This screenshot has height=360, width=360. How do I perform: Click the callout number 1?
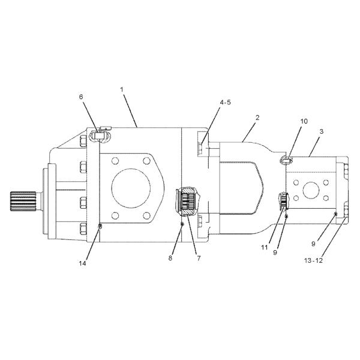122,89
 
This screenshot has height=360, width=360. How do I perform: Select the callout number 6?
81,97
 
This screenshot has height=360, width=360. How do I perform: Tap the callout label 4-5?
225,103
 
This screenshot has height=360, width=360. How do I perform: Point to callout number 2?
257,118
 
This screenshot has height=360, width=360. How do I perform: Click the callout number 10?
304,121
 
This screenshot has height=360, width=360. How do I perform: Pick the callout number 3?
322,131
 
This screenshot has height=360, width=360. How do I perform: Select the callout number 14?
82,263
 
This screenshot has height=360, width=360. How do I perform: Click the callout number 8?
170,258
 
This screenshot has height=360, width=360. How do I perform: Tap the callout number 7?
199,258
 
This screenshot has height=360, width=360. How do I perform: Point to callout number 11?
264,247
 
